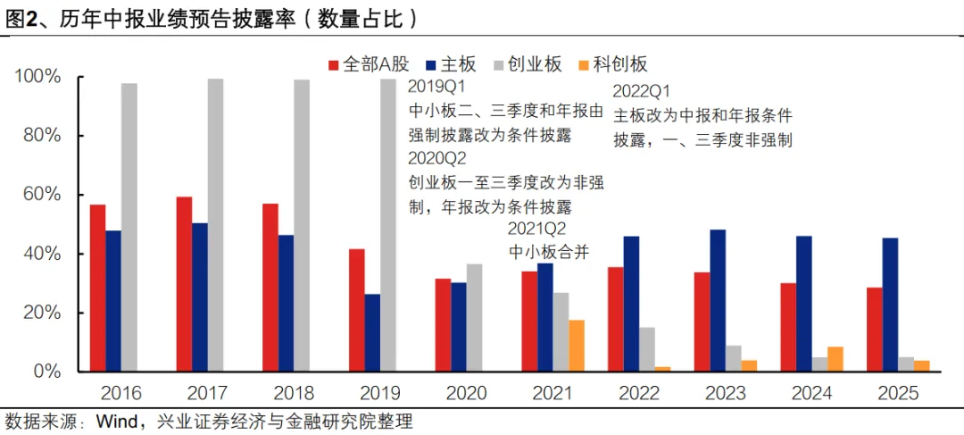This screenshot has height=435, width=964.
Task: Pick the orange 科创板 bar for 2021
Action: click(x=577, y=346)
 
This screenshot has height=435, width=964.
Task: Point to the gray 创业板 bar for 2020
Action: click(x=474, y=317)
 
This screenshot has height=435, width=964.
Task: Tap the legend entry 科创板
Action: click(x=619, y=64)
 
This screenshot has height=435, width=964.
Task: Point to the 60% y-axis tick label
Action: click(x=37, y=195)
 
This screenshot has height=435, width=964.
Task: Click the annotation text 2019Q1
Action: click(x=437, y=88)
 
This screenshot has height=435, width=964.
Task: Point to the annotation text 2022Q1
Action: click(x=642, y=92)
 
